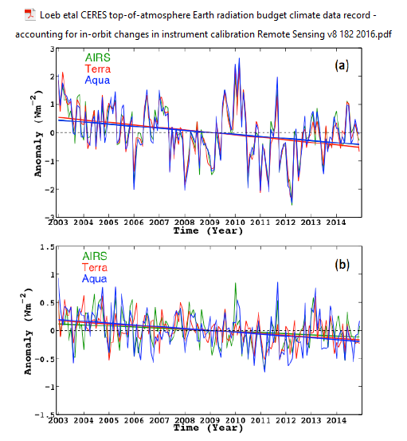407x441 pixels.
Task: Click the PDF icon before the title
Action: click(29, 14)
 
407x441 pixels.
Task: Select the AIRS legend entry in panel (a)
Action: click(98, 57)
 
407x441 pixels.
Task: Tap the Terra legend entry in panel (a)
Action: click(98, 69)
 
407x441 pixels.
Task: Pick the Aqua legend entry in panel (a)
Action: click(97, 81)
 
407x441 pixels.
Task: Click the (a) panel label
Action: click(342, 65)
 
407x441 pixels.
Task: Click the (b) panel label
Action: click(342, 265)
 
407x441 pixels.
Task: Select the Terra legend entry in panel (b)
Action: click(95, 267)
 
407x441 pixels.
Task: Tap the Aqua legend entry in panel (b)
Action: click(94, 279)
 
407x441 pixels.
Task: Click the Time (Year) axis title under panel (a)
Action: click(208, 231)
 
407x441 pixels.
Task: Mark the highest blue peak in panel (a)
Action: click(239, 58)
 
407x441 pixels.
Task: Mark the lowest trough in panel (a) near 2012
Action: click(292, 204)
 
